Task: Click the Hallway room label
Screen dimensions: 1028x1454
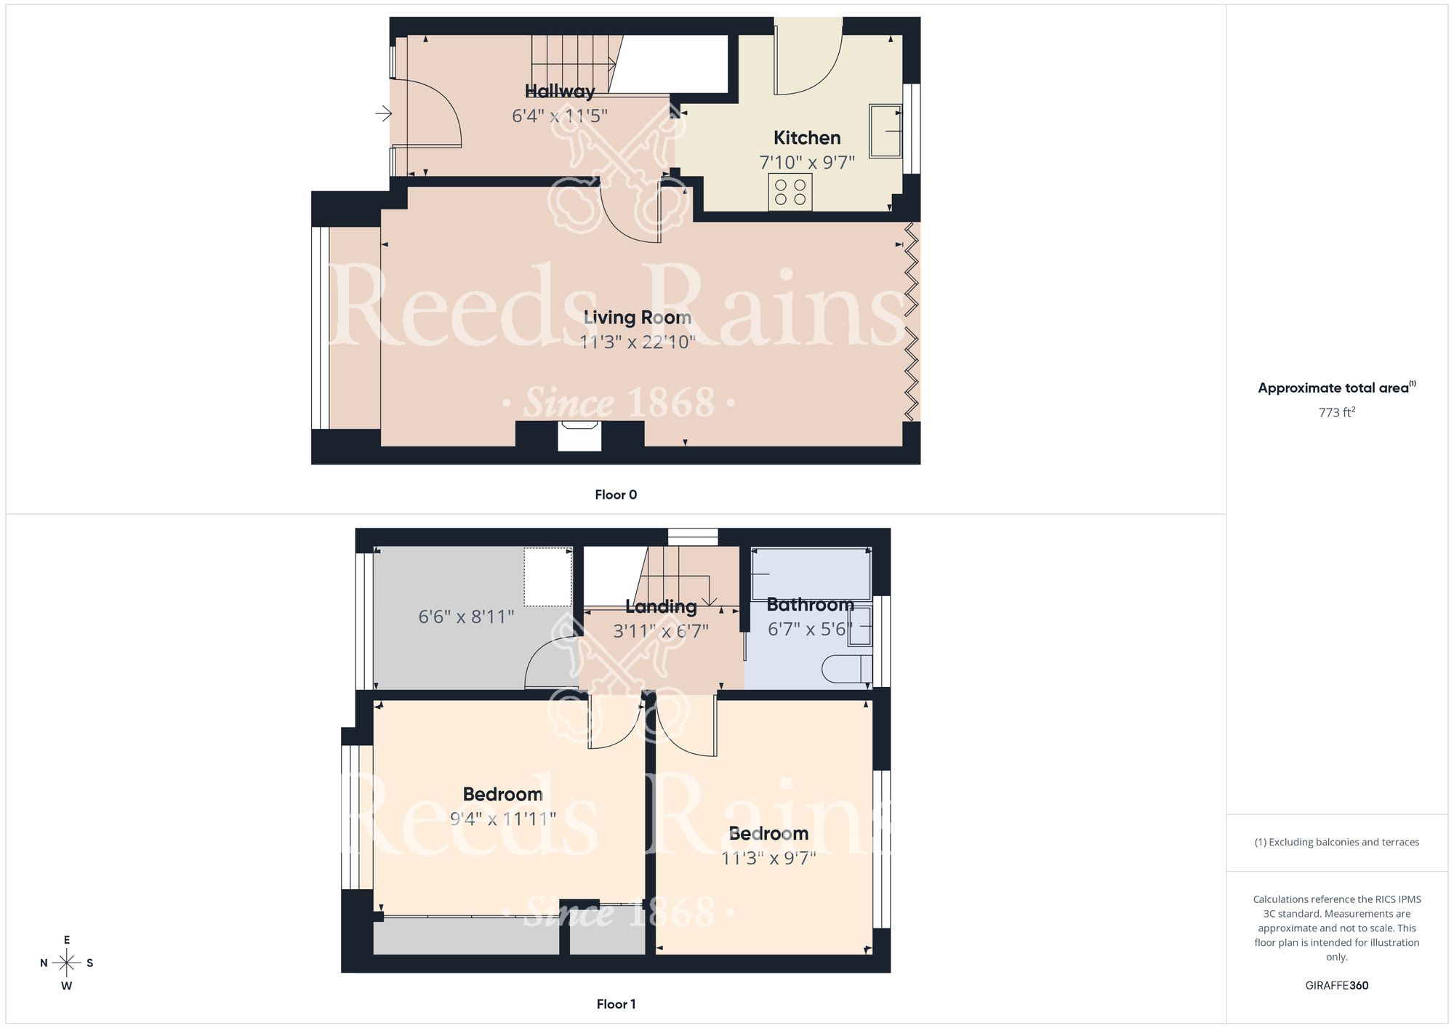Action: click(560, 92)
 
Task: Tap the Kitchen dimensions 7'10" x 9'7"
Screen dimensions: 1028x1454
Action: click(807, 162)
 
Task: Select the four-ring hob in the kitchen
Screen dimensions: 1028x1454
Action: click(790, 192)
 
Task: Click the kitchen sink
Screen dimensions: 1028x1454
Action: click(885, 131)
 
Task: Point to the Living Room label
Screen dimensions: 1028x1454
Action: click(638, 318)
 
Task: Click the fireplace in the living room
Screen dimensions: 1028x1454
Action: click(579, 436)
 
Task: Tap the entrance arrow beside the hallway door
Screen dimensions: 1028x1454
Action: click(383, 113)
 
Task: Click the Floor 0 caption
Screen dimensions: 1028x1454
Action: click(616, 495)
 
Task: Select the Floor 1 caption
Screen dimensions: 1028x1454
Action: click(616, 1004)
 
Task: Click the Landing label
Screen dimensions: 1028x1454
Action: click(661, 606)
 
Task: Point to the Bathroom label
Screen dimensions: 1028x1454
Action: click(810, 605)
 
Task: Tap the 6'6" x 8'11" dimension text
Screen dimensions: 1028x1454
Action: click(466, 617)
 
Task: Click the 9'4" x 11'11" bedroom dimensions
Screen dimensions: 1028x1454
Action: click(503, 819)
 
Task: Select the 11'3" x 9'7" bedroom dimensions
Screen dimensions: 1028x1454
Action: click(768, 859)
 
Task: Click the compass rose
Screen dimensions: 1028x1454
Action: click(67, 963)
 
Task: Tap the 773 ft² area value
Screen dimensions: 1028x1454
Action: click(1336, 412)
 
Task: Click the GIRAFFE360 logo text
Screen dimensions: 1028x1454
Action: click(1336, 986)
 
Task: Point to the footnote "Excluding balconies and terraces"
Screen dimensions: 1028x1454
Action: click(1336, 843)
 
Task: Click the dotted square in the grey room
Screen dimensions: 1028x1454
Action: click(548, 577)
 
